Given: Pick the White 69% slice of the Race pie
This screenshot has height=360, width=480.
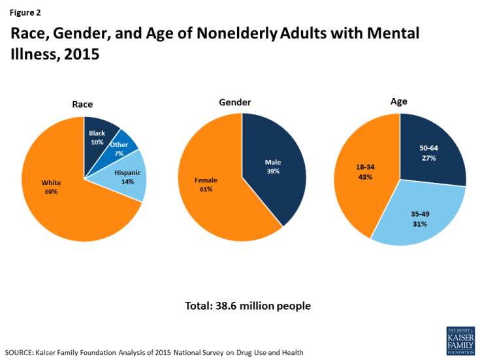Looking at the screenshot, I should point(52,187).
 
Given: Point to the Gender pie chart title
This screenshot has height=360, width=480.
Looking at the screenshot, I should point(234,103).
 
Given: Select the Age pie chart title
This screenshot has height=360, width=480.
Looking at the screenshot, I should point(399,101).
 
